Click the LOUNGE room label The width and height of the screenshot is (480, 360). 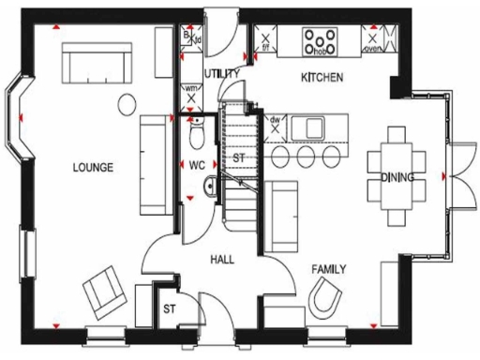click(92, 168)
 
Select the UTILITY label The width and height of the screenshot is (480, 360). click(221, 73)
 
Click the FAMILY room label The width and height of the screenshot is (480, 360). click(329, 269)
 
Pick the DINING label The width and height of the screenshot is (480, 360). click(397, 177)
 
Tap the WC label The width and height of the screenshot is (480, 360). click(196, 166)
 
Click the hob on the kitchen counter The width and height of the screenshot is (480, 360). click(322, 40)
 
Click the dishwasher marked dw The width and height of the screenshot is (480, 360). click(276, 126)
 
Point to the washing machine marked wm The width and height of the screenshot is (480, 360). click(191, 94)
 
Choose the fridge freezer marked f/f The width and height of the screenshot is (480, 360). click(265, 41)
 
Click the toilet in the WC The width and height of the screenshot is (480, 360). click(196, 137)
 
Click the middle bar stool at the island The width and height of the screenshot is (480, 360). click(305, 154)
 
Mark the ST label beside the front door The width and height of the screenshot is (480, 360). click(170, 307)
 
